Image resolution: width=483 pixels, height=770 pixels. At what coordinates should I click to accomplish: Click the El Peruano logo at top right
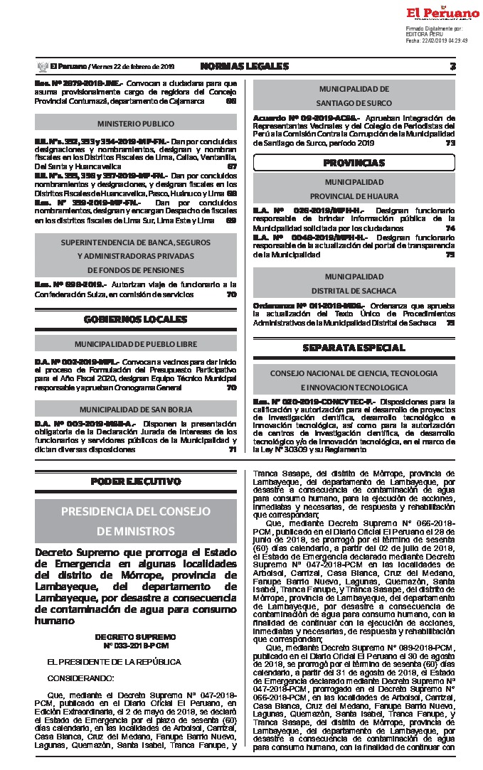442,14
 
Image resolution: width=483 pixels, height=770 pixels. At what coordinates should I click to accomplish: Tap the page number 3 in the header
452,66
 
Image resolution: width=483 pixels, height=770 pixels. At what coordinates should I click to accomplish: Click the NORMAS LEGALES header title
245,66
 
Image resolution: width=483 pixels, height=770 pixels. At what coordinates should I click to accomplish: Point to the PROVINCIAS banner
354,163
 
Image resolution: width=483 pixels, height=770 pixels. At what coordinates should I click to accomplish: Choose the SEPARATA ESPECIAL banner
354,348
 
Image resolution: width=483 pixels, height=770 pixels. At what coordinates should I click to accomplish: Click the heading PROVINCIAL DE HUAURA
354,196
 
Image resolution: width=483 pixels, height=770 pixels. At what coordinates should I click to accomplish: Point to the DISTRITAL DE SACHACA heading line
354,290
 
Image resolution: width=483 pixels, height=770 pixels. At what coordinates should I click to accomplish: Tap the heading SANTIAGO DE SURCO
354,103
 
